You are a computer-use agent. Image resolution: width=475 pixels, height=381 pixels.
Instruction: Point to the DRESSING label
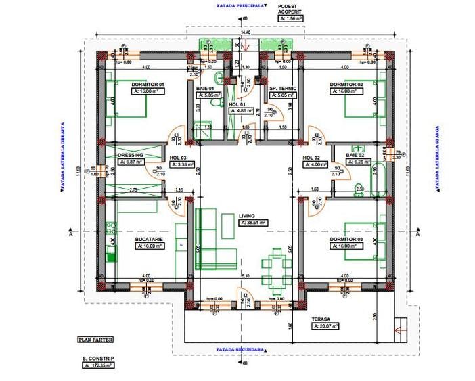(x=129, y=155)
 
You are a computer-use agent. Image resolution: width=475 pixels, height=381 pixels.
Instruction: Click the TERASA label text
(x=321, y=319)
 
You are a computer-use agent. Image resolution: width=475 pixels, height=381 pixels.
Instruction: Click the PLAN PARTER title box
(x=95, y=340)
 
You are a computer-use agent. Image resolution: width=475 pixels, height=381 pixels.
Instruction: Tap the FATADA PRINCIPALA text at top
(x=240, y=5)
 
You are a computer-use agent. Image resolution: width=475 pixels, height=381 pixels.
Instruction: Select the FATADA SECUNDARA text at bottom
(x=240, y=350)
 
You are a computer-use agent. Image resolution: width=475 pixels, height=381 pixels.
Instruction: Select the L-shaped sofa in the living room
(x=214, y=240)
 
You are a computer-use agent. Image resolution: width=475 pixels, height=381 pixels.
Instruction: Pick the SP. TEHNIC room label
(x=282, y=88)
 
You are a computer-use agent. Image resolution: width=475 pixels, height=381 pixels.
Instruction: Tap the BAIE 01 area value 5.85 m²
(x=206, y=95)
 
